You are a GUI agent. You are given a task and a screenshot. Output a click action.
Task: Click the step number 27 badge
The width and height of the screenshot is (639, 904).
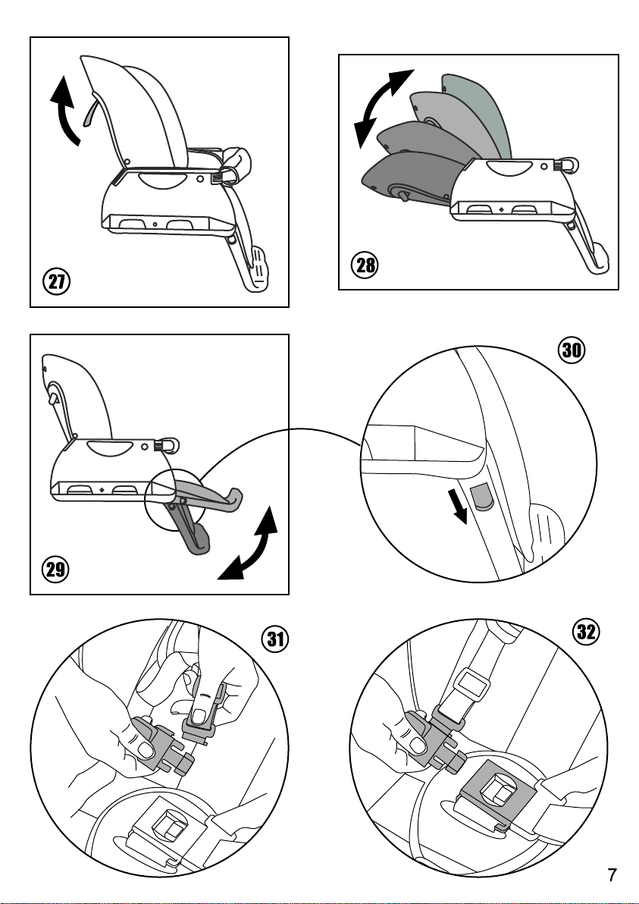point(56,282)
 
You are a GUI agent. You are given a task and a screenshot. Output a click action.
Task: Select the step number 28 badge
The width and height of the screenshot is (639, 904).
point(365,265)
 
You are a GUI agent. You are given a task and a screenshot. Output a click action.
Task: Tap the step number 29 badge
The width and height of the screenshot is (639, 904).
point(55,570)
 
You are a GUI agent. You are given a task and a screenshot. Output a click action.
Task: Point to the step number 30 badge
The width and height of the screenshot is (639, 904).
point(571,350)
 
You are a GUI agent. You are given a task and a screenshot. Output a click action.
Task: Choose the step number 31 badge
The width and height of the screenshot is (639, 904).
point(275,640)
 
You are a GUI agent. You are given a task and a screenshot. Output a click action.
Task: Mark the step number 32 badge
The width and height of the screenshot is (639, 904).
point(586,632)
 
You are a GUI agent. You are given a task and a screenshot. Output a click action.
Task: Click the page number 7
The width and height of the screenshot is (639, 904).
point(612,875)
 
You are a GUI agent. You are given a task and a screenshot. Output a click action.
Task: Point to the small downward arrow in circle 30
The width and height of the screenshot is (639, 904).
point(460,507)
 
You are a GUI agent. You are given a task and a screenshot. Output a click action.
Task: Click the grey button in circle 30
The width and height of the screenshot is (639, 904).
point(482,496)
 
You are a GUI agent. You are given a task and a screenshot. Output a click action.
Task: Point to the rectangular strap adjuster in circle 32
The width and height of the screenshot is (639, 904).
point(471,686)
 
